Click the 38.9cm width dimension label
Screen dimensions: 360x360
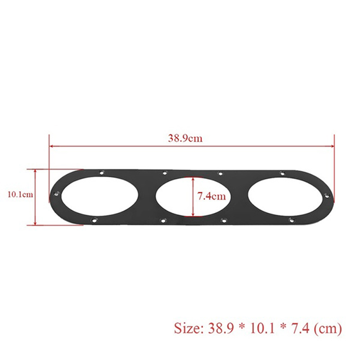click(185, 139)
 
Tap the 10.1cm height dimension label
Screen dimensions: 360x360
click(20, 195)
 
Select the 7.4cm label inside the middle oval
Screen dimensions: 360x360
click(211, 196)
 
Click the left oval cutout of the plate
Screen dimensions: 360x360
click(100, 196)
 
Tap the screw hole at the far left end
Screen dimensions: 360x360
click(56, 194)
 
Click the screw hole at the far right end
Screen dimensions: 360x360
click(327, 196)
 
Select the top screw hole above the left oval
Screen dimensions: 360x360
click(102, 172)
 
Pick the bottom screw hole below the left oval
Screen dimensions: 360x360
click(94, 220)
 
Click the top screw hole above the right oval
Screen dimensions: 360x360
click(283, 174)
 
